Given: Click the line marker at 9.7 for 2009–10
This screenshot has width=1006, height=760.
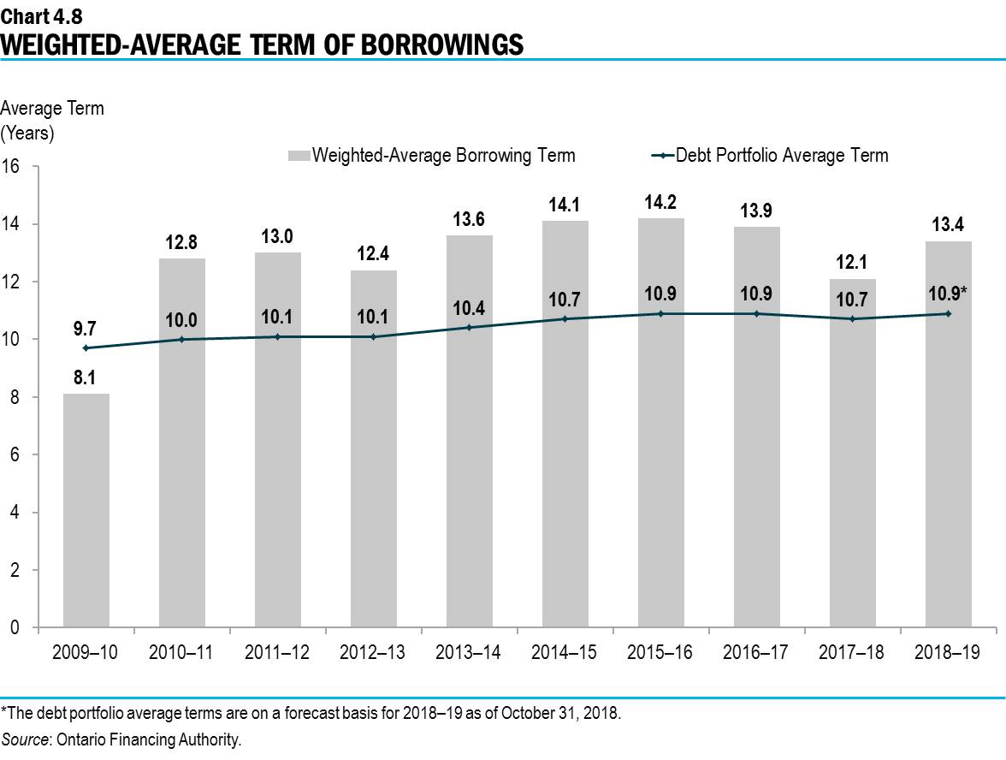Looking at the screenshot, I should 86,347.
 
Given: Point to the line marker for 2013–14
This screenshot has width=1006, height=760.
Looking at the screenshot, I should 469,328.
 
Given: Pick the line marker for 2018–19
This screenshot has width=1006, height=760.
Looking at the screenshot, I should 948,313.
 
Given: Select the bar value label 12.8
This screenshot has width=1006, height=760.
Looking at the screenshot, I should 181,242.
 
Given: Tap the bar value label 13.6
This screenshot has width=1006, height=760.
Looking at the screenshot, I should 469,219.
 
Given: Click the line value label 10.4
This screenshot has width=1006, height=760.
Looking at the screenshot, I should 469,306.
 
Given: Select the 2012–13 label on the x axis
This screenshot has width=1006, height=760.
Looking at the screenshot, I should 373,652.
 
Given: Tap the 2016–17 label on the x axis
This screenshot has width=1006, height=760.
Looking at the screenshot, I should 756,652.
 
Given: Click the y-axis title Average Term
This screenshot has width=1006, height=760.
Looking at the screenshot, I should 52,109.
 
